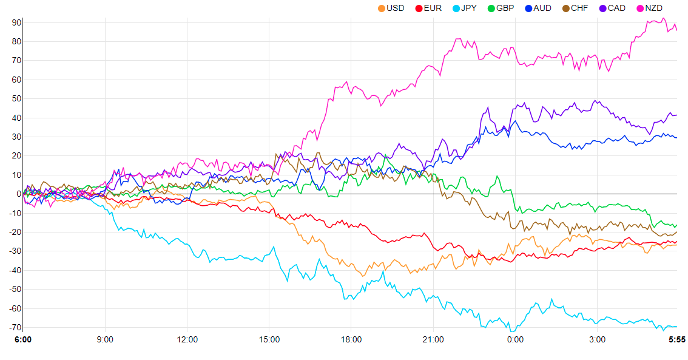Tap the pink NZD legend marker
pyautogui.click(x=641, y=8)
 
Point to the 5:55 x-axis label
pyautogui.click(x=676, y=340)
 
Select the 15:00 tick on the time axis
pyautogui.click(x=269, y=340)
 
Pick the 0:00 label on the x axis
pyautogui.click(x=515, y=340)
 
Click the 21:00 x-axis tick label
pyautogui.click(x=433, y=340)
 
